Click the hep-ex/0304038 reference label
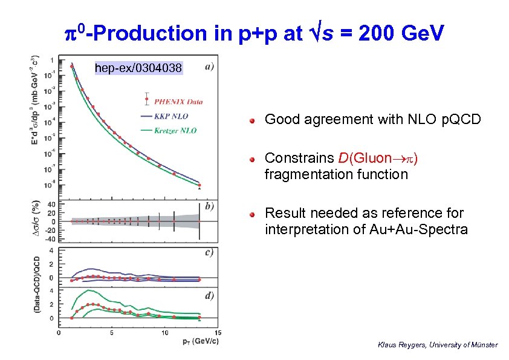point(138,68)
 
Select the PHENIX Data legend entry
point(178,101)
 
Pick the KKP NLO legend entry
point(172,116)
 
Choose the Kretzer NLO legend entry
point(176,130)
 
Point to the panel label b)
point(209,206)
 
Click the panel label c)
point(209,252)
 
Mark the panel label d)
point(209,295)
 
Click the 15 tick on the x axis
point(218,332)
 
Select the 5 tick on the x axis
point(112,332)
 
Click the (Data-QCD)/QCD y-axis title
point(37,283)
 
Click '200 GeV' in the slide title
point(401,33)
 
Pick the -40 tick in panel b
point(51,238)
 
